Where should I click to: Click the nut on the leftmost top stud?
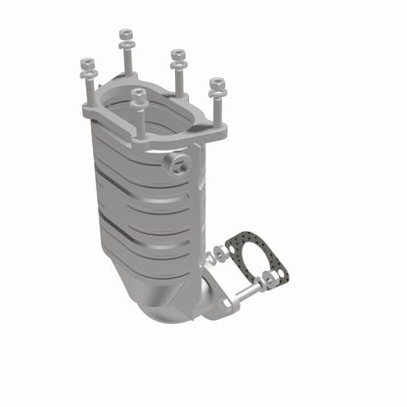pos(83,66)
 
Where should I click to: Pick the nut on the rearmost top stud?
pos(126,37)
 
